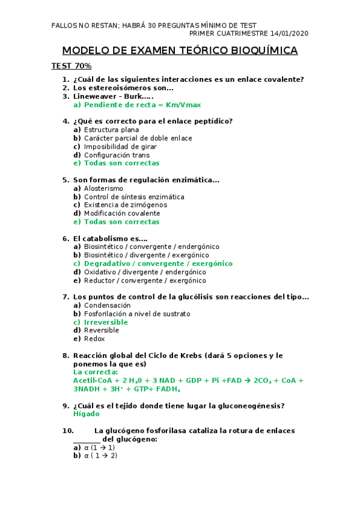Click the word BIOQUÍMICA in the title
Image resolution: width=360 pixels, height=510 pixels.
264,51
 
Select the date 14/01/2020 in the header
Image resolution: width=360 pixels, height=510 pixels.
289,34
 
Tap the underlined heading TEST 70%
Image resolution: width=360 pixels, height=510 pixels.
71,66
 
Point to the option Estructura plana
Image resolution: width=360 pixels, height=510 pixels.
111,129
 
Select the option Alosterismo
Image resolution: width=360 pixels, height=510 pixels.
103,188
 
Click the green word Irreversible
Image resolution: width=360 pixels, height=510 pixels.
106,322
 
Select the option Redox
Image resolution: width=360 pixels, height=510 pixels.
94,339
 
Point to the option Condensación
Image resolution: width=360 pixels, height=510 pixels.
107,306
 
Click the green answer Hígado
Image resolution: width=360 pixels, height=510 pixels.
86,414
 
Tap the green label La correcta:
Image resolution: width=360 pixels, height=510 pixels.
96,372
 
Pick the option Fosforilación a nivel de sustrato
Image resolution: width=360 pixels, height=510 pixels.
137,314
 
